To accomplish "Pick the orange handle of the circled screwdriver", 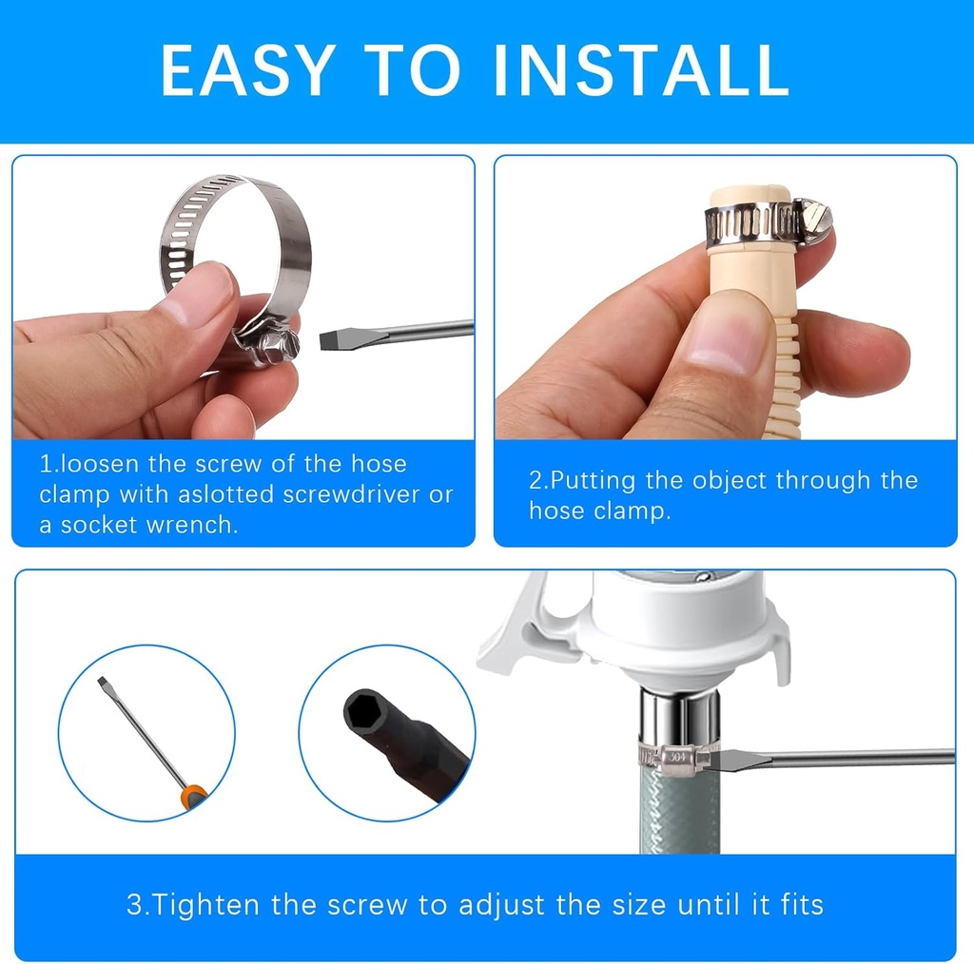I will [x=194, y=795].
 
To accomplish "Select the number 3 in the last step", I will [x=133, y=903].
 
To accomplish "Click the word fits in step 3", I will [x=797, y=903].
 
